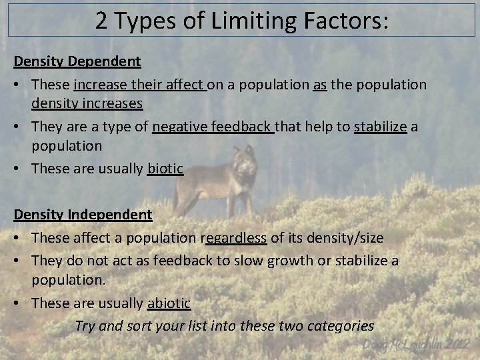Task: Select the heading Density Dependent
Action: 77,61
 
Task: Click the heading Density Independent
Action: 83,215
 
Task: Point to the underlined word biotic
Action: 165,169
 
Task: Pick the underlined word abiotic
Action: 169,303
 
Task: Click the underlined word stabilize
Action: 380,127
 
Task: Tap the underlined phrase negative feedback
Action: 213,127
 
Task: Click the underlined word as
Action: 319,85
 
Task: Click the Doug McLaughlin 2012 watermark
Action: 417,345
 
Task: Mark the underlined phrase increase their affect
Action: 139,85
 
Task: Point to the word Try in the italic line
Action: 85,326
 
